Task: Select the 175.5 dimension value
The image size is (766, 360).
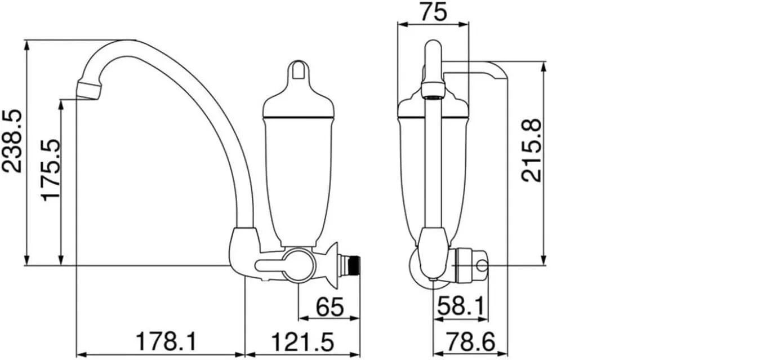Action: point(51,170)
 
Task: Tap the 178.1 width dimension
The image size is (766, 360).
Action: point(167,342)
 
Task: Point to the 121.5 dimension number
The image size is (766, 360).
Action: point(302,342)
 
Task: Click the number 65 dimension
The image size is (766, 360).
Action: point(329,307)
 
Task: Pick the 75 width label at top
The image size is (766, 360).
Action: point(433,12)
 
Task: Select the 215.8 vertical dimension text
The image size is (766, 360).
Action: point(532,150)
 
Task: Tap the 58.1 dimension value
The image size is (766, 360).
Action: point(461,306)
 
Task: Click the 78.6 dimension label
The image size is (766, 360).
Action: point(471,342)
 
